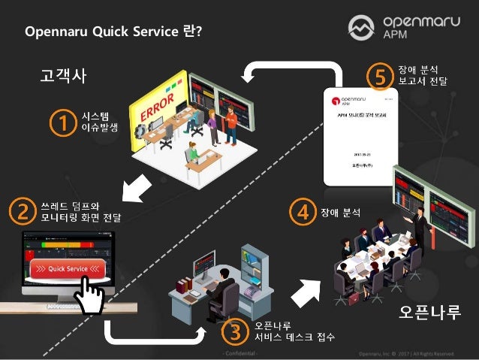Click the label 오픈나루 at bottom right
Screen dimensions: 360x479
coord(429,311)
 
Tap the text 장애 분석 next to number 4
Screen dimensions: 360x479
coord(341,213)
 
